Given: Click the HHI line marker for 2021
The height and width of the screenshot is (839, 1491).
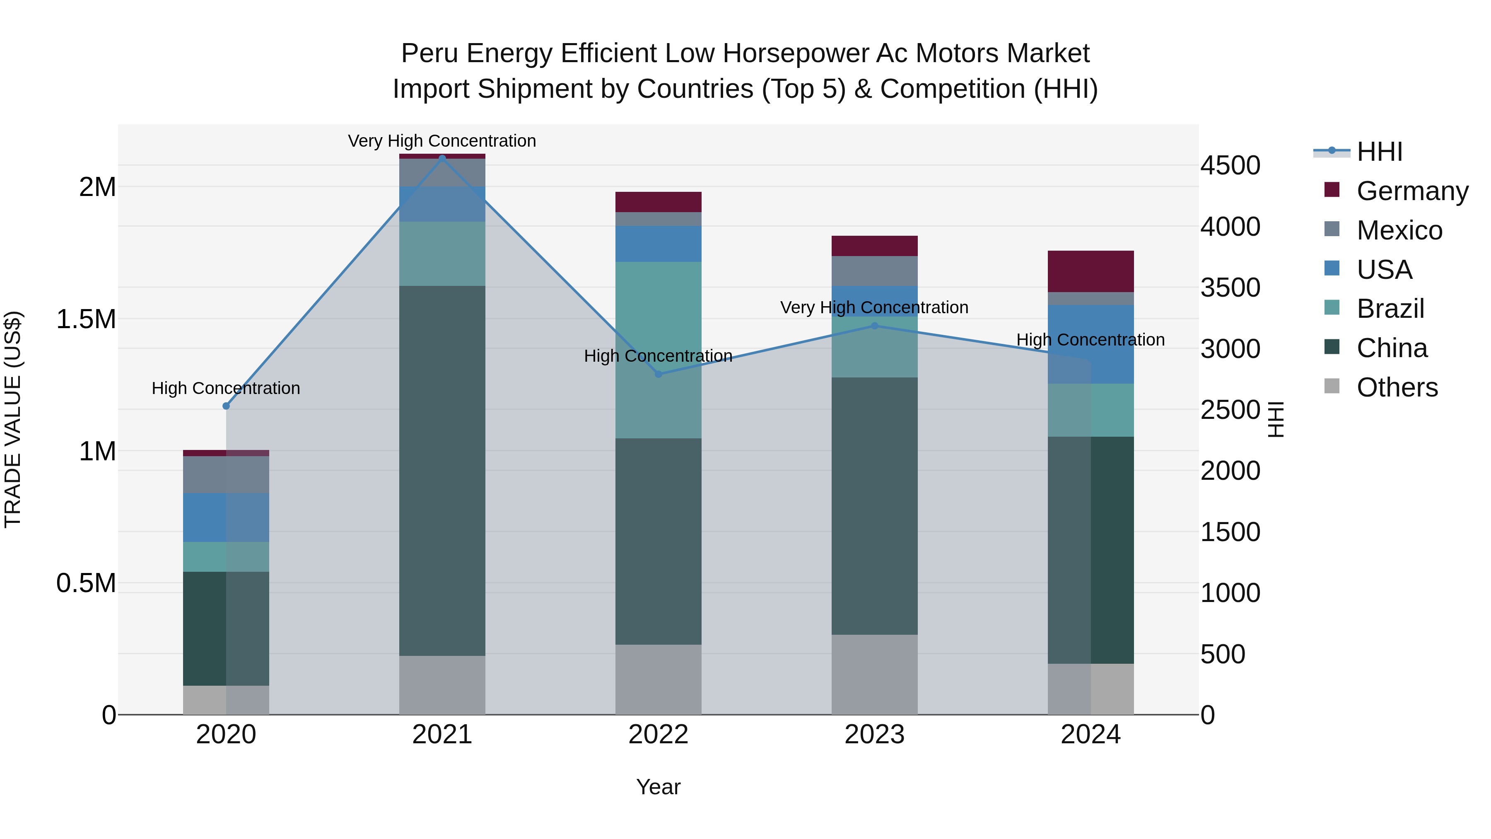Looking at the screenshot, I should point(442,158).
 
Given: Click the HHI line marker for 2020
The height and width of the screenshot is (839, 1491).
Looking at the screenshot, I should point(226,406).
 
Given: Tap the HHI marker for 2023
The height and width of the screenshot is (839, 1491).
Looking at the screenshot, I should point(875,326).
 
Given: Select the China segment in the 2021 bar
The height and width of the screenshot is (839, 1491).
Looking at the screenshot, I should point(442,470).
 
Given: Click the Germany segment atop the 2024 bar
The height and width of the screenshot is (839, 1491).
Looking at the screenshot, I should point(1091,271).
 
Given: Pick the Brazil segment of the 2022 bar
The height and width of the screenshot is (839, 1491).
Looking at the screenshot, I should point(658,350).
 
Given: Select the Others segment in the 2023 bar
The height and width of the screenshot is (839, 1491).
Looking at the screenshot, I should point(875,674).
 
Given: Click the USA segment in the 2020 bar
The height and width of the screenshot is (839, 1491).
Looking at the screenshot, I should point(226,517).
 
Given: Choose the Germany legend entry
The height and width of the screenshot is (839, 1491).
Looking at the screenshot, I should point(1412,191).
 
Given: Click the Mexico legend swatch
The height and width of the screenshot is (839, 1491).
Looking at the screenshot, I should point(1332,229).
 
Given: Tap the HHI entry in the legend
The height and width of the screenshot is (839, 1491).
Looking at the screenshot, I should point(1379,152).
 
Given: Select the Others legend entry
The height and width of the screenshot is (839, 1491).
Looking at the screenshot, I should point(1397,387).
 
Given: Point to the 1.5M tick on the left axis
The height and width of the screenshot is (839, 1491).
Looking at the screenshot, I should point(86,319).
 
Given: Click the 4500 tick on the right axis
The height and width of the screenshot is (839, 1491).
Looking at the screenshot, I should point(1230,166).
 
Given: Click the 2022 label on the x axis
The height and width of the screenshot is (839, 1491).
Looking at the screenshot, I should point(658,735).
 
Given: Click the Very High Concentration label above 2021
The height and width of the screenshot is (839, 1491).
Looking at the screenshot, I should point(442,141).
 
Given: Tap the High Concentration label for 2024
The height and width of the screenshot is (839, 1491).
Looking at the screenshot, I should point(1091,340).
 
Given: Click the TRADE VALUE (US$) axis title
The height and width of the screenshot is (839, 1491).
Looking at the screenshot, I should point(13,419).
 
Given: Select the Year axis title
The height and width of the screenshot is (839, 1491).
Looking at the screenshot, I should point(658,787).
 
